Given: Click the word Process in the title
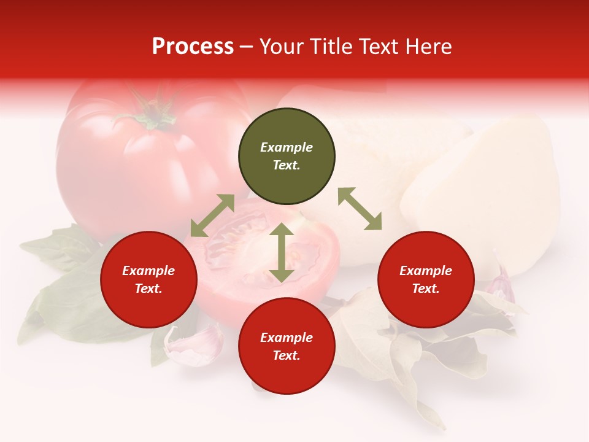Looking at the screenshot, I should pos(193,47).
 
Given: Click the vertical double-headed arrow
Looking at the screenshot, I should pos(281,252).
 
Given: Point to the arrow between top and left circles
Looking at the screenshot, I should pos(212,215).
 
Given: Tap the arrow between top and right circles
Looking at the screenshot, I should pos(360,209).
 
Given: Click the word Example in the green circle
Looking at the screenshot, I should pos(287,147).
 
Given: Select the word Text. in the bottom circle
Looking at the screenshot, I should pos(287,355).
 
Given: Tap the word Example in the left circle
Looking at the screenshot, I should pos(148,271).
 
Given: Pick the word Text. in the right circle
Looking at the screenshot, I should pos(426,289).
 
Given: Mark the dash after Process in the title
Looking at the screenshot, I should pos(246,47).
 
